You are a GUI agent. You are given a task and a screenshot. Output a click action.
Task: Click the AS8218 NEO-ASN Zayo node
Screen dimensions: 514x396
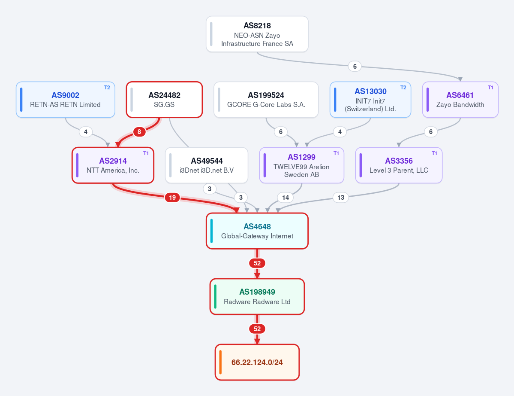(x=257, y=34)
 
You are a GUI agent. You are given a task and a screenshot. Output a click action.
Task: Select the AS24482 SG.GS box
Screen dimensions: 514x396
(x=164, y=100)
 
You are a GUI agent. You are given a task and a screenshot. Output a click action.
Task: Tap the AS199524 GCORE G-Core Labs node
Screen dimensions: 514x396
(x=266, y=100)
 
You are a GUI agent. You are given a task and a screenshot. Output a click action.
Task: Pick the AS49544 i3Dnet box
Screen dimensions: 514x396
(x=207, y=165)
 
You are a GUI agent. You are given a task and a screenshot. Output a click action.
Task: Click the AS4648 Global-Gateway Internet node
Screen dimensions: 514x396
(x=257, y=231)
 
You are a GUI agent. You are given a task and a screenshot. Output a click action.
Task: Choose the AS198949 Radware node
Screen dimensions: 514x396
(x=257, y=296)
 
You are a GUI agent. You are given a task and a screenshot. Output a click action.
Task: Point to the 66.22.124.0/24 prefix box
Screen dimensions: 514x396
(x=257, y=362)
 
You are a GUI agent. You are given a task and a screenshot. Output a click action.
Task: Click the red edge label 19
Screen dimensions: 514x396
(x=172, y=197)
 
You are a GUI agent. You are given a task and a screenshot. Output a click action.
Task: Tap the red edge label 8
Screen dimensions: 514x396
(x=139, y=132)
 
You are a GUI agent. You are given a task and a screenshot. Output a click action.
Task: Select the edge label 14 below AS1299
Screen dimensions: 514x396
(x=286, y=197)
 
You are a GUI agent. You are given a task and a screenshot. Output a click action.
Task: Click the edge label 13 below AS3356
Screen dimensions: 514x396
(x=341, y=197)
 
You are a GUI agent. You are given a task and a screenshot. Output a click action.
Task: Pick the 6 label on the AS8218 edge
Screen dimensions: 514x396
(x=355, y=66)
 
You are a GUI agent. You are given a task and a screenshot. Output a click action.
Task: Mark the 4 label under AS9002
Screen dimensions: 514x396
(x=86, y=132)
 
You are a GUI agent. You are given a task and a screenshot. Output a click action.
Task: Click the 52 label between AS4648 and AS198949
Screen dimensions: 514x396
(x=257, y=263)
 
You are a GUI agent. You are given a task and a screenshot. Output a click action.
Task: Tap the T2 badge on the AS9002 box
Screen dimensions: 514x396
(x=107, y=87)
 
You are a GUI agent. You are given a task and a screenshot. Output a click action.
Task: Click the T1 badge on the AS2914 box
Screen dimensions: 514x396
(x=146, y=153)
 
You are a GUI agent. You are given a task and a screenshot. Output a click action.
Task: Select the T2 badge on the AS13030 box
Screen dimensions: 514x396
(x=403, y=87)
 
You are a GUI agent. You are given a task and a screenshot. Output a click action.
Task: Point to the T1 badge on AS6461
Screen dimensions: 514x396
(x=490, y=87)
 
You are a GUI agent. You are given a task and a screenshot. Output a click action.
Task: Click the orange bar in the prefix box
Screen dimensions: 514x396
(x=220, y=362)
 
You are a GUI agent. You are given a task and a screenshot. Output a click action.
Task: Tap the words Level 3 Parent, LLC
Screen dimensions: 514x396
(x=399, y=170)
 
